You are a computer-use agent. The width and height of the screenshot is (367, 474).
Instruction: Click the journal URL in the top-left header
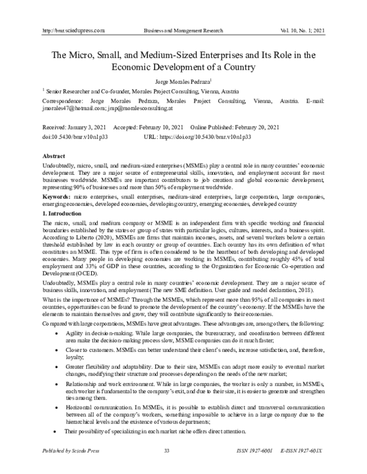[71, 30]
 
